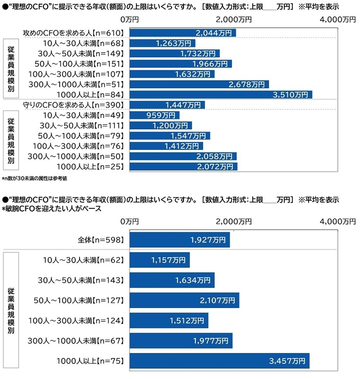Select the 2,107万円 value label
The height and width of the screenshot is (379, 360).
221,300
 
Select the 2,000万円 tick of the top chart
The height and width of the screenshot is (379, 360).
234,19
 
